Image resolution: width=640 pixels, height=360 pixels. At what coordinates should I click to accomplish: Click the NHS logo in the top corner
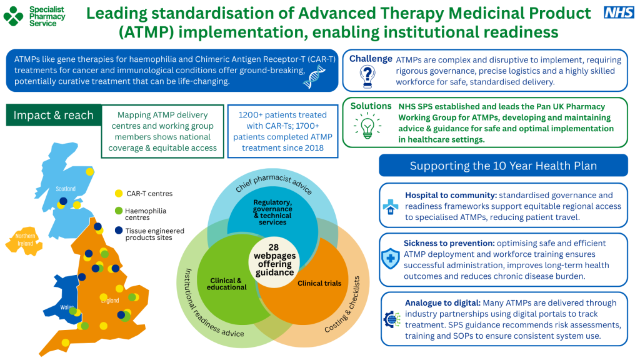(x=619, y=12)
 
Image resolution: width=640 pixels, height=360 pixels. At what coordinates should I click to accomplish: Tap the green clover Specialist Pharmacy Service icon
(x=12, y=16)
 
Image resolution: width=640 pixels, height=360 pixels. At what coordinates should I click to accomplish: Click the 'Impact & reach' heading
(x=53, y=115)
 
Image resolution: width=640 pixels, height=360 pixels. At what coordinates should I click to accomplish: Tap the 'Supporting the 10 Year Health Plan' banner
(x=503, y=166)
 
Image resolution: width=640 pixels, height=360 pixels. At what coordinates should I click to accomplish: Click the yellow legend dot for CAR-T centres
(x=119, y=194)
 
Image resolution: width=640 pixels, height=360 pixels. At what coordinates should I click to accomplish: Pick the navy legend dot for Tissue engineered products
(x=119, y=231)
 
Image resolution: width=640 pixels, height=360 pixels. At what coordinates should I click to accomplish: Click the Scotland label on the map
(x=66, y=189)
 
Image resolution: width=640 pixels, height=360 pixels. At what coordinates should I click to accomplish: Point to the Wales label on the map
(x=67, y=307)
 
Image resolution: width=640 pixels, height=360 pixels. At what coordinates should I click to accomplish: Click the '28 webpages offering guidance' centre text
(x=274, y=259)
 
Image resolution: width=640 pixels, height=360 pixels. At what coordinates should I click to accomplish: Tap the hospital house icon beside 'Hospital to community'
(x=390, y=206)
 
